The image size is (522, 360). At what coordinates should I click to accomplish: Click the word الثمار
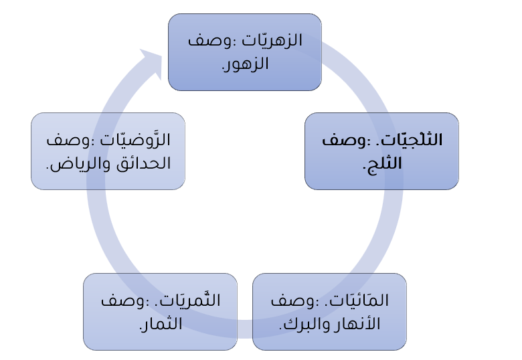(161, 325)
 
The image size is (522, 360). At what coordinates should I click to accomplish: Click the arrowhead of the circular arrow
(149, 62)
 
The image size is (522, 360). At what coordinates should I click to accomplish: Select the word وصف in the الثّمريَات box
(114, 301)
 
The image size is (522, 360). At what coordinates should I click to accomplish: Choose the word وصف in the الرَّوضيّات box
(66, 141)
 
